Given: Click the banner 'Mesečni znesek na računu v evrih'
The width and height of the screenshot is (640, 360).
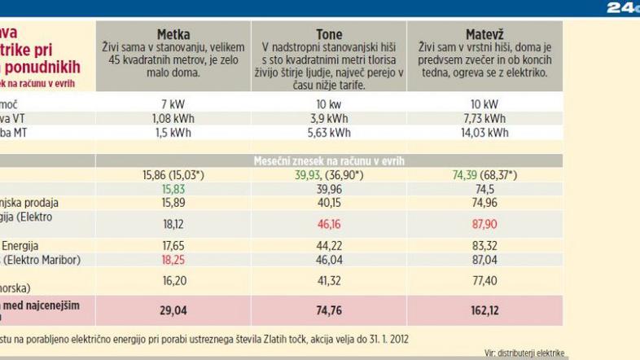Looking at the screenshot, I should click(x=329, y=160).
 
